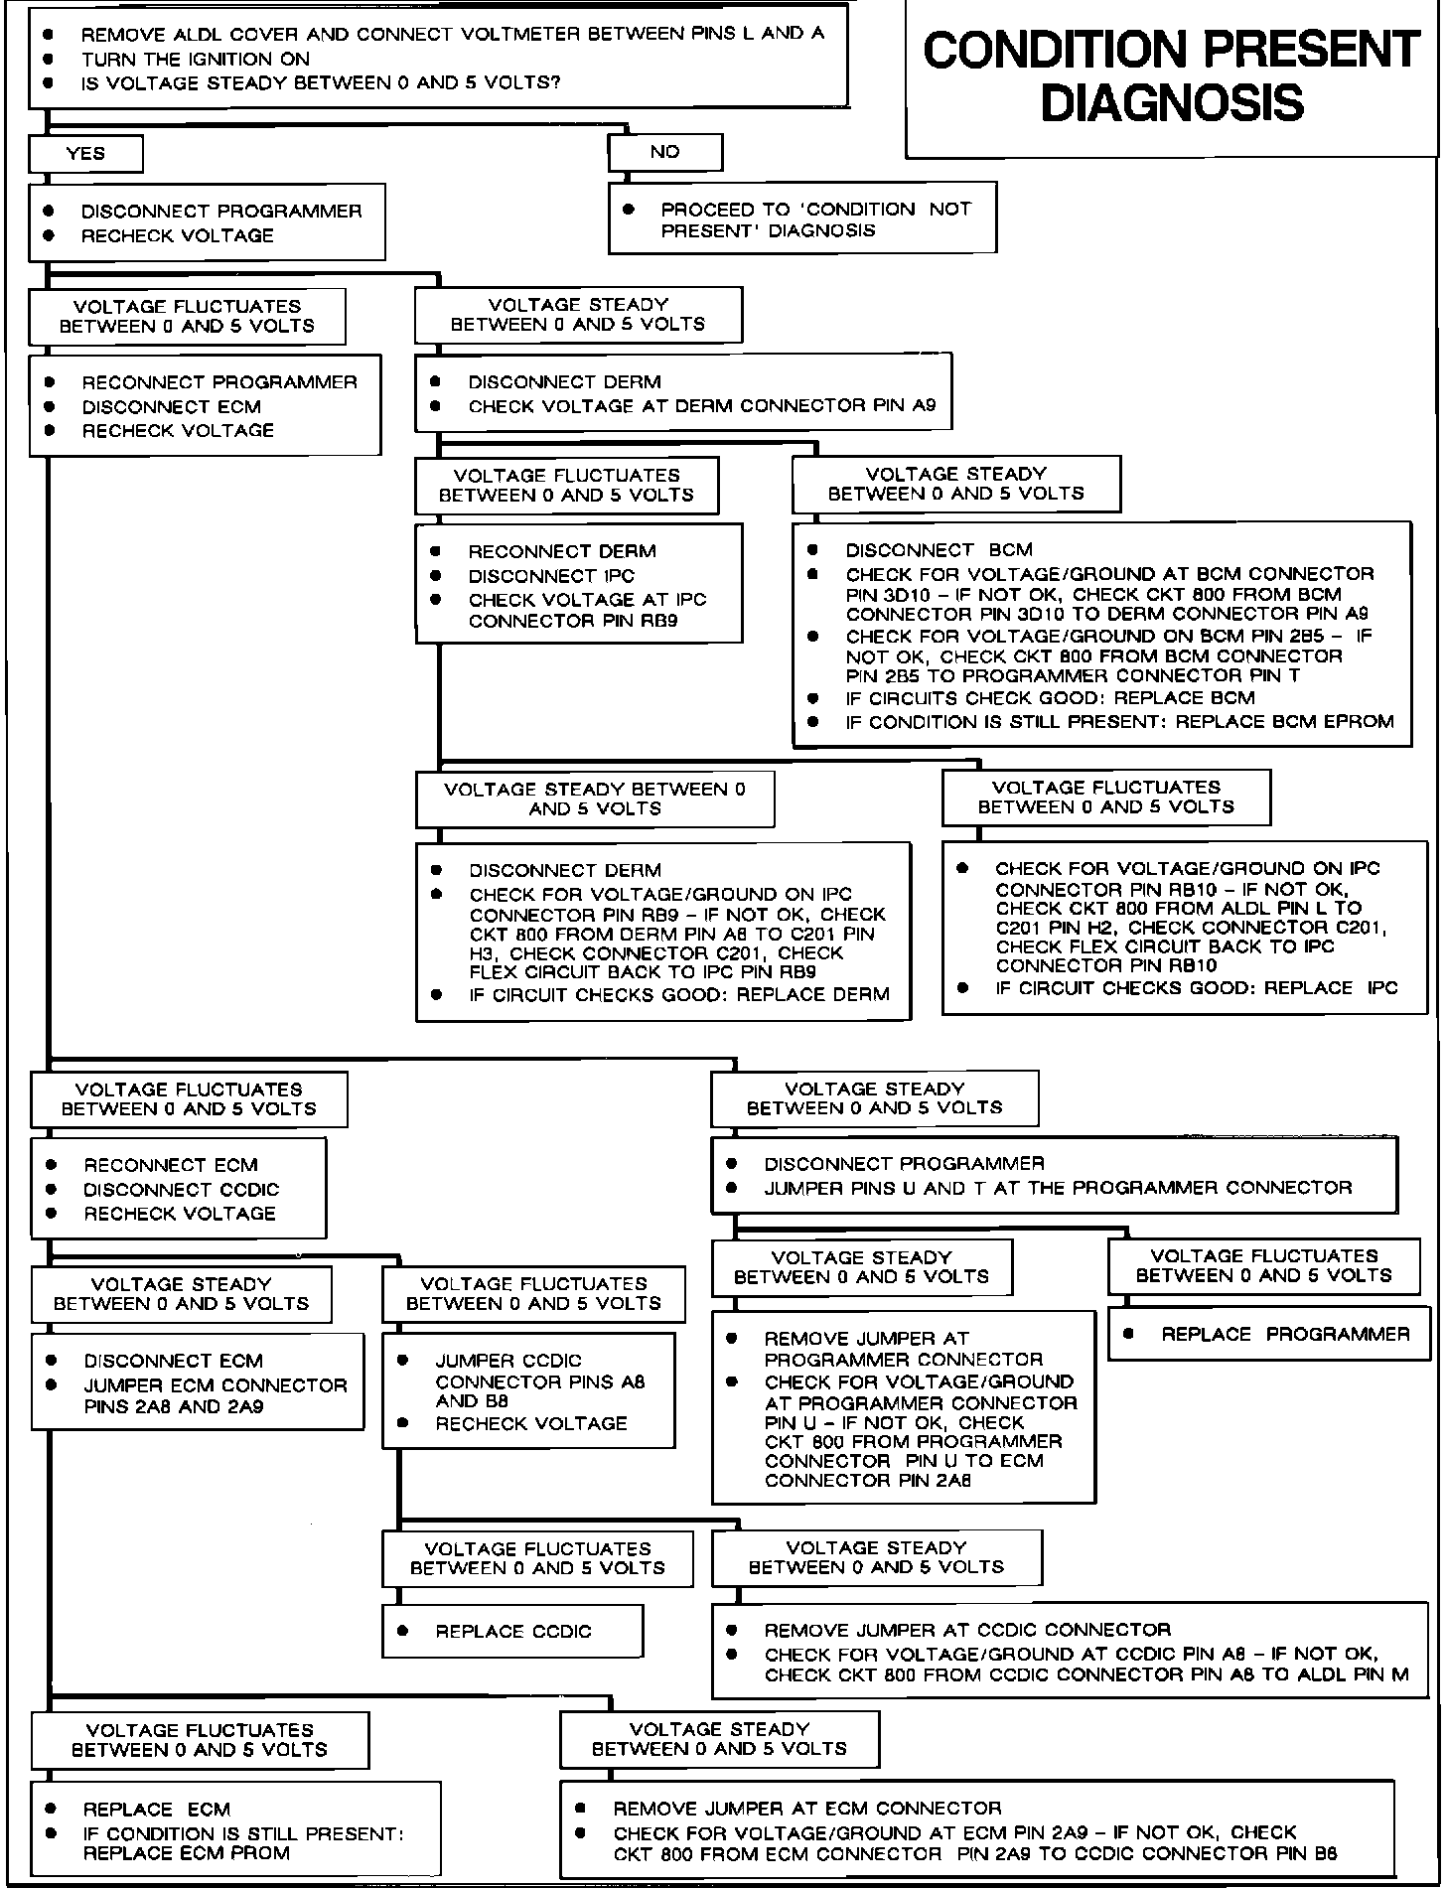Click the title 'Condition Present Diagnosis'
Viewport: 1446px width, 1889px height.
point(1172,76)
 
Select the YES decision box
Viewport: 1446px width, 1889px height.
point(85,154)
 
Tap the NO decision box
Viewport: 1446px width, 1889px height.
point(664,152)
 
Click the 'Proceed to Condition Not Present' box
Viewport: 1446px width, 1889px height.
point(801,219)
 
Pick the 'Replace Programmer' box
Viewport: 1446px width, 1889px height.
point(1268,1334)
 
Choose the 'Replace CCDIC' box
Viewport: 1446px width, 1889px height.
point(512,1631)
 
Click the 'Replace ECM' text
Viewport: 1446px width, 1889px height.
point(157,1809)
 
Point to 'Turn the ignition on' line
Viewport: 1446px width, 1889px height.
point(196,59)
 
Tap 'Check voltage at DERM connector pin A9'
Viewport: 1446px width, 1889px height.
point(701,406)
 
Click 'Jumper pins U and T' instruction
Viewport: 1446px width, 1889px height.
point(1057,1188)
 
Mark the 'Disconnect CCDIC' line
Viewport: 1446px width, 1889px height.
point(182,1189)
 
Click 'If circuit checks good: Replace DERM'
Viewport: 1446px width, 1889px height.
point(679,994)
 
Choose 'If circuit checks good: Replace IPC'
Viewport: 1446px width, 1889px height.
point(1196,988)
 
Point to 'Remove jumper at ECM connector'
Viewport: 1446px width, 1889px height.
point(807,1808)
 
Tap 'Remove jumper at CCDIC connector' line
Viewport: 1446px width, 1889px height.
point(967,1630)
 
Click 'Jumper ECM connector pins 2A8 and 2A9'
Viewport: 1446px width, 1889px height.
point(216,1395)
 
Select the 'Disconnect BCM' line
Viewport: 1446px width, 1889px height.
point(939,549)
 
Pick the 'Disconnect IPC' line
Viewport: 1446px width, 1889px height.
point(551,576)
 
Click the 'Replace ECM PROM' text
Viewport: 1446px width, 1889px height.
point(187,1853)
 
